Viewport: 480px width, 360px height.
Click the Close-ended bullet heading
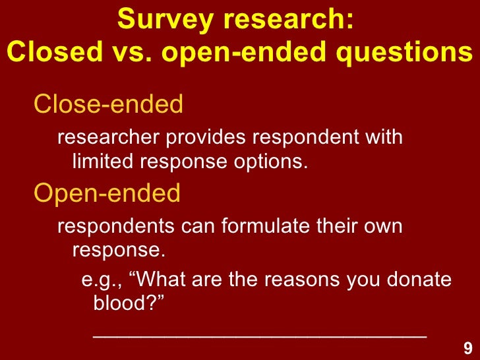tap(108, 104)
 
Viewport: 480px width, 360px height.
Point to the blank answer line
tap(260, 335)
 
